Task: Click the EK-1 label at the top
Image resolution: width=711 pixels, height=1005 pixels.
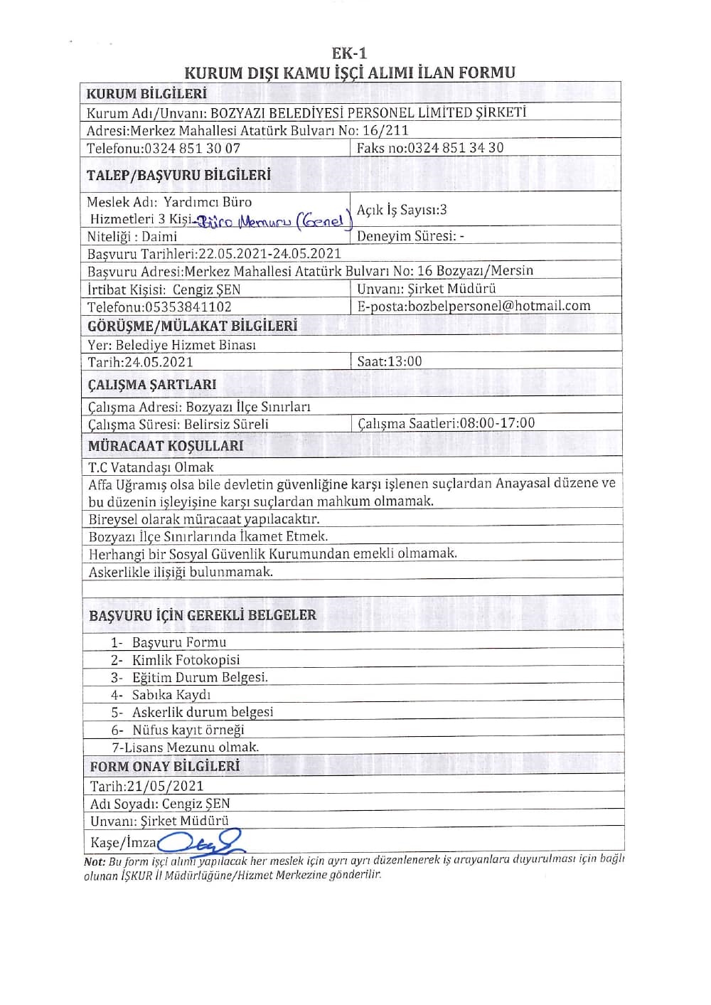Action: [x=349, y=53]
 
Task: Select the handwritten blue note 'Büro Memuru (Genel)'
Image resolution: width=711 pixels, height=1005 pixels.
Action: [x=273, y=222]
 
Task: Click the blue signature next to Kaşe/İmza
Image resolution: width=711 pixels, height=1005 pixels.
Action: [x=201, y=842]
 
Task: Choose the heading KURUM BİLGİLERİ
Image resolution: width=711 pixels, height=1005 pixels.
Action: [x=146, y=94]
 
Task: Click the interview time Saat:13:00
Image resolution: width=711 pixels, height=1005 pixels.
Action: [x=389, y=361]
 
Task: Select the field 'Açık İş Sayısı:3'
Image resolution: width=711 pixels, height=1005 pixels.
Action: [x=402, y=210]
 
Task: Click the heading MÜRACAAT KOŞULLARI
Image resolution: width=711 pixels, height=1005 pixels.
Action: [x=166, y=446]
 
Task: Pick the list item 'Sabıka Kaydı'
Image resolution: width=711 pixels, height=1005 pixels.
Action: [x=171, y=695]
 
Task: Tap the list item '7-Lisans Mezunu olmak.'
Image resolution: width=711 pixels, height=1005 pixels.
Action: [x=186, y=747]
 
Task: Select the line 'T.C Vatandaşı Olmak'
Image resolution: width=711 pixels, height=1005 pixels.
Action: [x=151, y=467]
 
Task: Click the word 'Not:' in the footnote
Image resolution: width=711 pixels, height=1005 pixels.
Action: [x=95, y=861]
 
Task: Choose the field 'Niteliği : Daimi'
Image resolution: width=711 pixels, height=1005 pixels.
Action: [x=132, y=237]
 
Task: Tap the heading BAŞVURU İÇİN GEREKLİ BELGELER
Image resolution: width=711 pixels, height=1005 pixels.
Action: [x=203, y=615]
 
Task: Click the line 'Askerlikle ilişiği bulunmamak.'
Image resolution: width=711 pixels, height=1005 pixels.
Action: [x=181, y=572]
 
